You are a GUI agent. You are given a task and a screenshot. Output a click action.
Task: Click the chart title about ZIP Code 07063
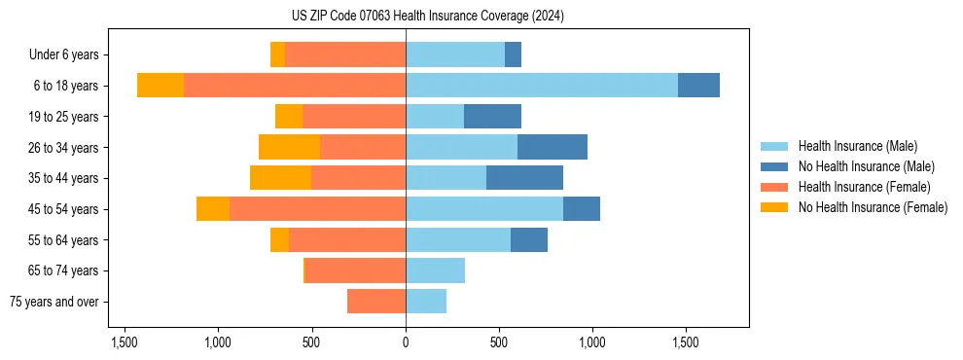[x=427, y=17]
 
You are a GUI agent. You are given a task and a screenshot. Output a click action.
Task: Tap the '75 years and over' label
[x=54, y=302]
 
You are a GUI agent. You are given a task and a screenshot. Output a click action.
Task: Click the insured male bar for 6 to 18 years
[x=541, y=86]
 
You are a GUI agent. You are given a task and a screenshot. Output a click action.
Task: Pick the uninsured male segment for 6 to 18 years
[x=698, y=86]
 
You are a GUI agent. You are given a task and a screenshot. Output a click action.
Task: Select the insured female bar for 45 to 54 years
[x=317, y=209]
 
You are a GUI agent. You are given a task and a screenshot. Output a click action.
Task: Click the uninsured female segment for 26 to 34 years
[x=289, y=147]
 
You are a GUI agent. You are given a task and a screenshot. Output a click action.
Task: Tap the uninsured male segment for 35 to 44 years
[x=524, y=178]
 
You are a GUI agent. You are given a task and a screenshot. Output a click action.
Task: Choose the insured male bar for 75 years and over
[x=426, y=302]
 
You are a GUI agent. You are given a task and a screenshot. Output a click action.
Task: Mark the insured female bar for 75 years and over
[x=376, y=302]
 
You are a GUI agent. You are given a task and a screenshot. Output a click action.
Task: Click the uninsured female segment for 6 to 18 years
[x=160, y=86]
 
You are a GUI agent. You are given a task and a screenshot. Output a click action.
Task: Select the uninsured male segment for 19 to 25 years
[x=492, y=117]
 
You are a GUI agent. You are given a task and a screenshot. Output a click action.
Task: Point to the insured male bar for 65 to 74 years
[x=435, y=270]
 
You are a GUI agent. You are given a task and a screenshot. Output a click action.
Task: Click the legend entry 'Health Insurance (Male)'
[x=857, y=146]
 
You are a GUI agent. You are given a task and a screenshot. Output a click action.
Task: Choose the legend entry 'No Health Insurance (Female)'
[x=873, y=207]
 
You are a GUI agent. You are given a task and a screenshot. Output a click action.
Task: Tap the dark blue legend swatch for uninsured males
[x=774, y=166]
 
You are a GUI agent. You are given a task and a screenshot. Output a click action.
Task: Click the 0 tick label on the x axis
[x=406, y=342]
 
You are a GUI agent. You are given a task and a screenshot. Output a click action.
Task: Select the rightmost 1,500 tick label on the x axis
[x=685, y=342]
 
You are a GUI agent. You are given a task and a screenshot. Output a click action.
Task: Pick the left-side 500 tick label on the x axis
[x=311, y=342]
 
